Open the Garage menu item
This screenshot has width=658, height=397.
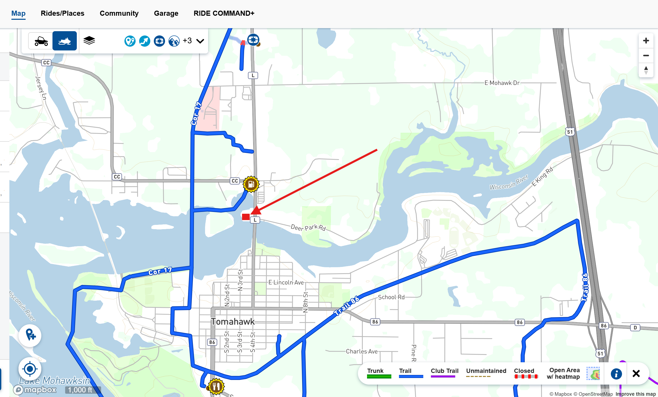click(166, 13)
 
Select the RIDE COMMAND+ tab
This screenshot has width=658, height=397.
click(224, 13)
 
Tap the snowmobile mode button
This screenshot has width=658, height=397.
click(64, 41)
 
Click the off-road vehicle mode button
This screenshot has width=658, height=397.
click(41, 41)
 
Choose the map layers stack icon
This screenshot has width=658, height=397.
click(89, 41)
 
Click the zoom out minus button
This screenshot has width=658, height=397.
click(646, 56)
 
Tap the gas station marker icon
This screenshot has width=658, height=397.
click(251, 184)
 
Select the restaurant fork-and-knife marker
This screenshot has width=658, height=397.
click(216, 386)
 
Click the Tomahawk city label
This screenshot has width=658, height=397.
click(233, 321)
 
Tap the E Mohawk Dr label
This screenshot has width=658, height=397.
click(502, 83)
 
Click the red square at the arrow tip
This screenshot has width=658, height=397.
click(246, 217)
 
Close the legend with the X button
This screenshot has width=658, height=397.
click(636, 373)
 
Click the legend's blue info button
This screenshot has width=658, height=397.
click(616, 373)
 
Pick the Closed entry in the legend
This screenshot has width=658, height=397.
click(524, 373)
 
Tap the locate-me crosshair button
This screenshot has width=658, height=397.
click(30, 369)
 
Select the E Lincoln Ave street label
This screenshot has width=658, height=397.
click(286, 282)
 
